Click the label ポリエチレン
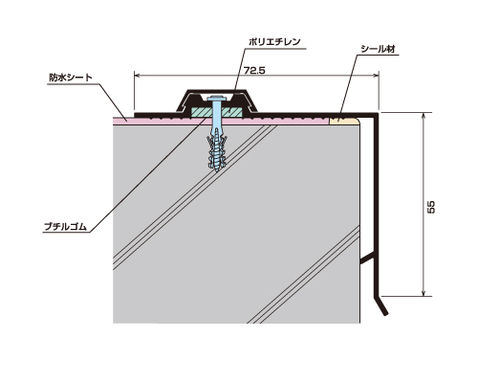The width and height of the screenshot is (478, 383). (x=274, y=42)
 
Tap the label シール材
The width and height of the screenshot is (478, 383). (x=378, y=49)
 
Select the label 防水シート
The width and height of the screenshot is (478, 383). (x=71, y=78)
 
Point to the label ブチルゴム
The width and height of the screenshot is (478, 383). (x=65, y=227)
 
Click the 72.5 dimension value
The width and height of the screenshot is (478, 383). (x=254, y=70)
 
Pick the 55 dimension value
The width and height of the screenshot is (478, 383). (x=430, y=207)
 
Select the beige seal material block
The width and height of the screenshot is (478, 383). (x=344, y=121)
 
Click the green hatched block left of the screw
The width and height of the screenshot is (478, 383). (x=201, y=112)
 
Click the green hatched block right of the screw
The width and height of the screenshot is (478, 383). (x=232, y=112)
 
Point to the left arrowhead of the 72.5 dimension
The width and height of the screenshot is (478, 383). (x=137, y=76)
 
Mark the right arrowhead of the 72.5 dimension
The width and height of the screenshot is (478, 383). (x=376, y=76)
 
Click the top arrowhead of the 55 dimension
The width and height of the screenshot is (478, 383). (x=424, y=116)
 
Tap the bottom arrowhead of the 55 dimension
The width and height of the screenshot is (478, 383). (x=424, y=293)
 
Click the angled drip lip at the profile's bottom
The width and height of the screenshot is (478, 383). (x=380, y=305)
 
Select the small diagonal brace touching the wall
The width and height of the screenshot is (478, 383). (x=367, y=259)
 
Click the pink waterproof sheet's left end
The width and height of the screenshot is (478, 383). (x=115, y=120)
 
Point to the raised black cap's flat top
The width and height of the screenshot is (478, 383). (x=216, y=91)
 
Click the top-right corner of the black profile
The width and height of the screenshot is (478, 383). (x=378, y=113)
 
